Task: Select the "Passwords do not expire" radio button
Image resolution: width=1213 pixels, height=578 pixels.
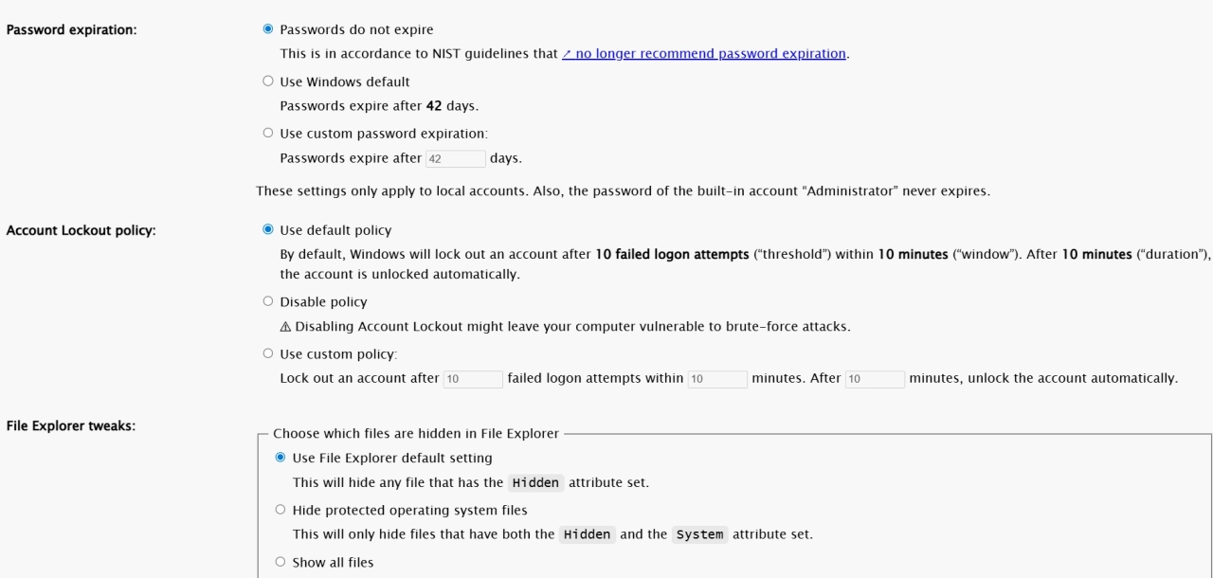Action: [267, 29]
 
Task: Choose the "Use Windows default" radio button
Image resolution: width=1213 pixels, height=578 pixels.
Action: [267, 81]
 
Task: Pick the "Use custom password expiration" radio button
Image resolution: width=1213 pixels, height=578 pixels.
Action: [267, 134]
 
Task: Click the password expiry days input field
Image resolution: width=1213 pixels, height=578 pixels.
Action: [456, 158]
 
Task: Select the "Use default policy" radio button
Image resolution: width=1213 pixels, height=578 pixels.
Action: [267, 230]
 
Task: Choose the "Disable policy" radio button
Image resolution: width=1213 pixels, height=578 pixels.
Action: [267, 302]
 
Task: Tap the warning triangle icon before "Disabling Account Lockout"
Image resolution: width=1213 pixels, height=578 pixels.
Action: [286, 328]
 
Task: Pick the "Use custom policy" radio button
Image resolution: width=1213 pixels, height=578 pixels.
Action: [267, 354]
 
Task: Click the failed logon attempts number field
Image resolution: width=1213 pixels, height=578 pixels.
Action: [473, 379]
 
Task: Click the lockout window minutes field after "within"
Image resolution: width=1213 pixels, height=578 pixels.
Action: [717, 379]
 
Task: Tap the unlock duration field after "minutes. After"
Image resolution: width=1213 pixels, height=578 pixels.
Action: [875, 379]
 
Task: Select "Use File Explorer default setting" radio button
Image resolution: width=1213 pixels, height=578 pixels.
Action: [280, 459]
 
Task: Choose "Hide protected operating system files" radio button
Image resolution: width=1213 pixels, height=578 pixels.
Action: [280, 511]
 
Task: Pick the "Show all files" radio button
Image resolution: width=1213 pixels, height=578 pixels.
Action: [280, 563]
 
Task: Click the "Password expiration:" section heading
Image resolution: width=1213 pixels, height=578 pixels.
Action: [72, 30]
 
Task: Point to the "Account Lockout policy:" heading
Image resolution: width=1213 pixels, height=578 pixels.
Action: [81, 231]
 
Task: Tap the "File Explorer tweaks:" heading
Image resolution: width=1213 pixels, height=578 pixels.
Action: [71, 425]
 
